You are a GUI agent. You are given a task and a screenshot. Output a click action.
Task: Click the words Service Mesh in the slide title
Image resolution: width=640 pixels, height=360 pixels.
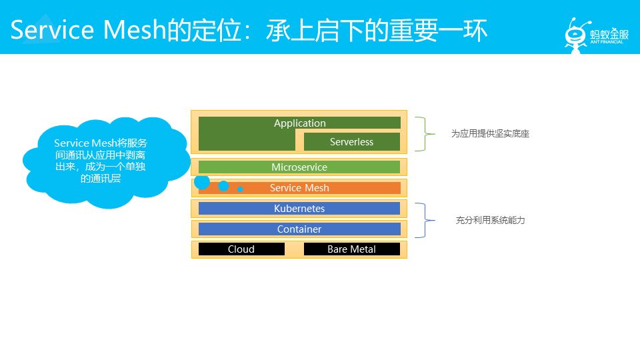pyautogui.click(x=87, y=30)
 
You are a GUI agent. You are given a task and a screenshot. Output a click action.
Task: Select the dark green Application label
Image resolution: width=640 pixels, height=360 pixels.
pyautogui.click(x=299, y=123)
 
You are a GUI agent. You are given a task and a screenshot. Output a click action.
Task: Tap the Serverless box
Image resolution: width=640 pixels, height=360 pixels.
pyautogui.click(x=351, y=141)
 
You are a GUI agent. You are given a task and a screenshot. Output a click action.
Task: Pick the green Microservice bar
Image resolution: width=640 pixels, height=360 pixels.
pyautogui.click(x=299, y=167)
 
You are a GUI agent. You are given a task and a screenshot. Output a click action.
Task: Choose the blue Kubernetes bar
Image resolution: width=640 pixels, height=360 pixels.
pyautogui.click(x=299, y=209)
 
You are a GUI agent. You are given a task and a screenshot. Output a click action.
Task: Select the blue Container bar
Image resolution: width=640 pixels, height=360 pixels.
pyautogui.click(x=299, y=229)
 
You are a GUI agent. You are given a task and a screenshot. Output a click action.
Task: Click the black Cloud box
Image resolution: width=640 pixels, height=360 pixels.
pyautogui.click(x=241, y=249)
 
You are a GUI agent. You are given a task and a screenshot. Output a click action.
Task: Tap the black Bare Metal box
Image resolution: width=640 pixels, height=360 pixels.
pyautogui.click(x=351, y=249)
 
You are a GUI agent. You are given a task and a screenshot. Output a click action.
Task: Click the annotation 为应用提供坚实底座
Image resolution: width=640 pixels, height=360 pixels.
pyautogui.click(x=490, y=133)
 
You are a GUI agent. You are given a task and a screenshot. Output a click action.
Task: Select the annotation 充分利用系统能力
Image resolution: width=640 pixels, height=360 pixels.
pyautogui.click(x=490, y=220)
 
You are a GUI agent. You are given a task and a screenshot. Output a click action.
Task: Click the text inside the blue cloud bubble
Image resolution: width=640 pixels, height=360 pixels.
pyautogui.click(x=101, y=161)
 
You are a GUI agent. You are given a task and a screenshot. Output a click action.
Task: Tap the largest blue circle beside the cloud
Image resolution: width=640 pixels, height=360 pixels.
pyautogui.click(x=202, y=181)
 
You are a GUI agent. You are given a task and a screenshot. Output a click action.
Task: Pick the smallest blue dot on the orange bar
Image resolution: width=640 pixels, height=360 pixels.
pyautogui.click(x=240, y=189)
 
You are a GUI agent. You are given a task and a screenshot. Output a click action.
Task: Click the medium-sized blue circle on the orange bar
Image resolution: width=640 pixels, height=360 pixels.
pyautogui.click(x=223, y=186)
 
